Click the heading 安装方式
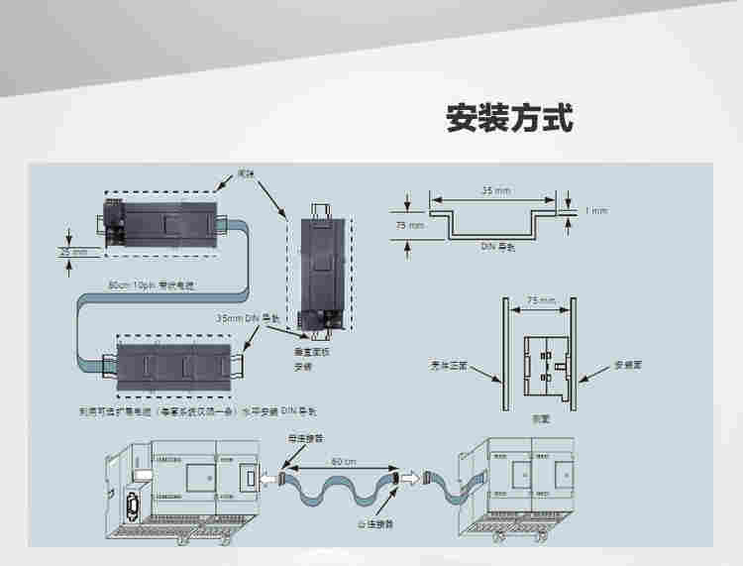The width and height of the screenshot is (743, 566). (509, 120)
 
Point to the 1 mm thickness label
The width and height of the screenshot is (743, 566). (596, 211)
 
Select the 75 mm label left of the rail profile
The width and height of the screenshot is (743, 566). (408, 226)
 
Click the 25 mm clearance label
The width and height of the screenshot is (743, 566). (73, 253)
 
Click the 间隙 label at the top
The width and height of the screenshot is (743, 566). (246, 173)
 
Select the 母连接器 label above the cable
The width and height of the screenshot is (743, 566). (303, 436)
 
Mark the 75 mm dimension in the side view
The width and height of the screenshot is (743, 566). (540, 300)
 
